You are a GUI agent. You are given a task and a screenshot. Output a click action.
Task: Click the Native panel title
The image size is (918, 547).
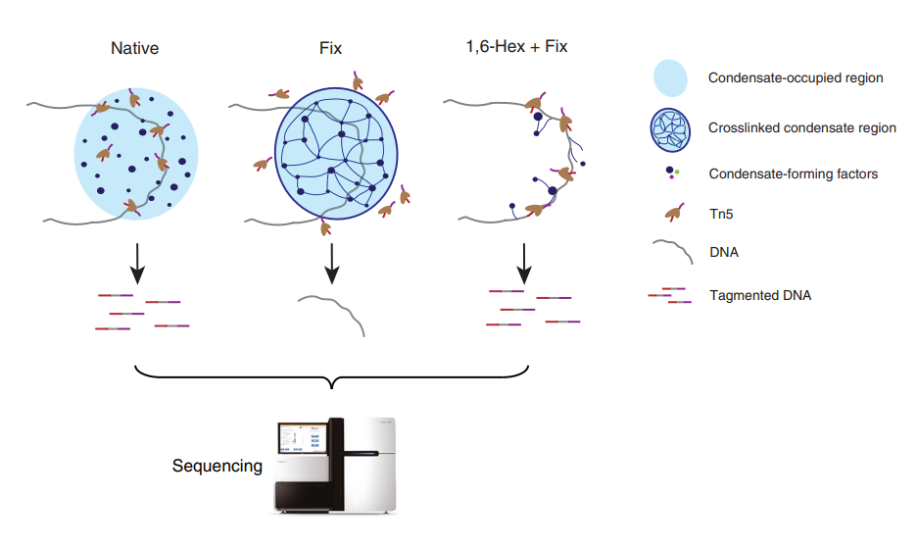click(135, 47)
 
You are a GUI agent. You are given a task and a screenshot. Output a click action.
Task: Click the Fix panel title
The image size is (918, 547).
click(331, 47)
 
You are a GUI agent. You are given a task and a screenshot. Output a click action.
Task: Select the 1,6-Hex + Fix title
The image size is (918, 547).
click(516, 47)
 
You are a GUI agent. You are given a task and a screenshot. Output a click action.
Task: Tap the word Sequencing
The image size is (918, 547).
click(217, 466)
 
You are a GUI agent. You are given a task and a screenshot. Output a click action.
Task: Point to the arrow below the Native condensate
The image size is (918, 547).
click(138, 259)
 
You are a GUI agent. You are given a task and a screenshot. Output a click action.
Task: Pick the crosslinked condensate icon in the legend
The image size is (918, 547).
click(671, 128)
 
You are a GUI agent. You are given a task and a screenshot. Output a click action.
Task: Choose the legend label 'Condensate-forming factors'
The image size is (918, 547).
click(793, 174)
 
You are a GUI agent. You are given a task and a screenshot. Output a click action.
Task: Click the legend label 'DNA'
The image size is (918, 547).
click(724, 252)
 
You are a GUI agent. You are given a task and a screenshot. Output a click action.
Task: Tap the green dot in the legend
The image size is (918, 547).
click(676, 171)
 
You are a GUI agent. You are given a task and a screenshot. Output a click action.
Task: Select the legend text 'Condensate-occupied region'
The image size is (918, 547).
click(797, 77)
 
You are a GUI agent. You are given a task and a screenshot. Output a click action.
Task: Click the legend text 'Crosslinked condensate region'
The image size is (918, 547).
click(801, 127)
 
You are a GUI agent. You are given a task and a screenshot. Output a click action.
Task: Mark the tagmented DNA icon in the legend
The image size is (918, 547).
click(670, 295)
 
